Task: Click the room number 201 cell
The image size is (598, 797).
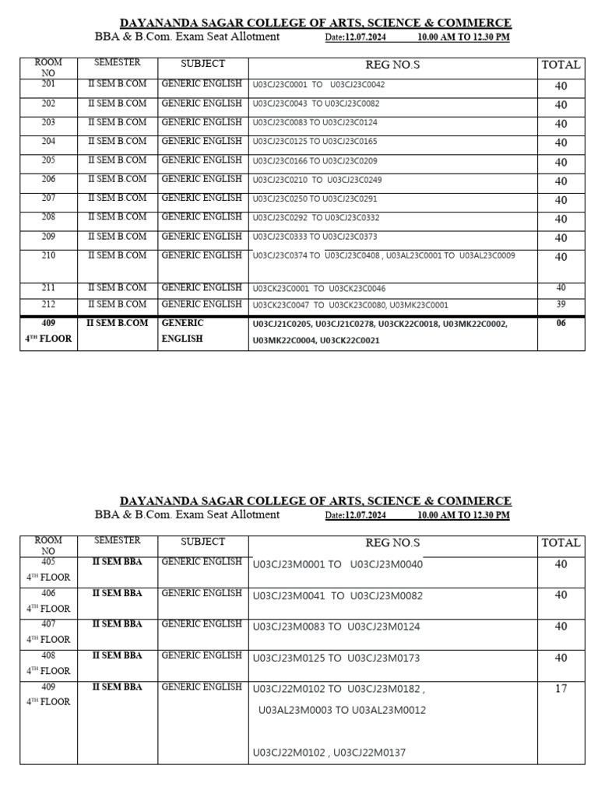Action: pyautogui.click(x=48, y=84)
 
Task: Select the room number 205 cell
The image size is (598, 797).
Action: pyautogui.click(x=48, y=160)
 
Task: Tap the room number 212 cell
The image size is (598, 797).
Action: pyautogui.click(x=48, y=304)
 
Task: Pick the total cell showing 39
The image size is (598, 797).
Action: pyautogui.click(x=561, y=304)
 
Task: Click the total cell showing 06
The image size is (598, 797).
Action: pyautogui.click(x=561, y=324)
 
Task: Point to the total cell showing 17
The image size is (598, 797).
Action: pyautogui.click(x=561, y=689)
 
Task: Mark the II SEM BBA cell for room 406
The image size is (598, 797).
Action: pyautogui.click(x=117, y=593)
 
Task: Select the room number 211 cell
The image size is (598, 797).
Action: pyautogui.click(x=48, y=288)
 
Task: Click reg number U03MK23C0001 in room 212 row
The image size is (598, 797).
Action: pyautogui.click(x=419, y=306)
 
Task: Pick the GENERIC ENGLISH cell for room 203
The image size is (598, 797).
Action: pyautogui.click(x=202, y=122)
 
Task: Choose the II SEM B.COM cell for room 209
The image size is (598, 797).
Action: pyautogui.click(x=117, y=237)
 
